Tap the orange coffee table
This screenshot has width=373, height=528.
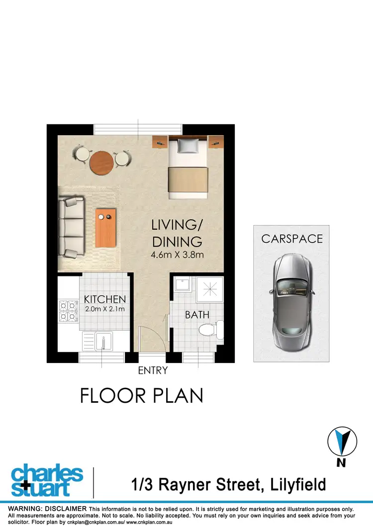pos(105,228)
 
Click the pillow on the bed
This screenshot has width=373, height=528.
pos(188,145)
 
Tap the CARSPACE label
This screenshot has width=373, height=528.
pos(292,239)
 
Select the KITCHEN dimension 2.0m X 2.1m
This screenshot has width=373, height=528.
pos(104,309)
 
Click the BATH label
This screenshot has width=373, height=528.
pos(197,315)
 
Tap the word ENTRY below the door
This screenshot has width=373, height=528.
pos(153,370)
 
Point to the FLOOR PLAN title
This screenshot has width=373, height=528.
pos(142,396)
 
